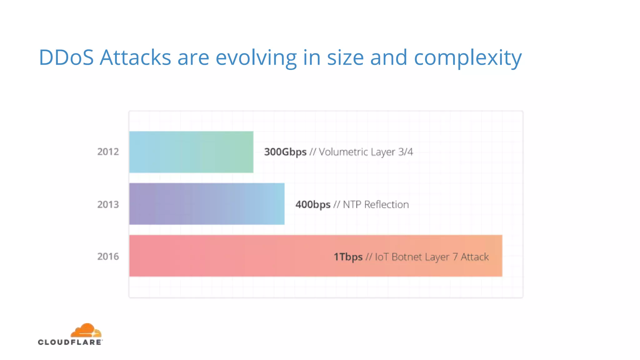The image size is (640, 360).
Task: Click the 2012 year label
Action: tap(108, 152)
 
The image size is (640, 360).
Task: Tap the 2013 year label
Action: tap(108, 204)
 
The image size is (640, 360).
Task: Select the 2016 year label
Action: tap(108, 257)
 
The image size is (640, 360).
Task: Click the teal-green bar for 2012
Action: tap(191, 152)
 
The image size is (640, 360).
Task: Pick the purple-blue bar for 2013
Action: tap(207, 204)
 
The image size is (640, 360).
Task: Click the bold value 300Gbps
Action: tap(285, 152)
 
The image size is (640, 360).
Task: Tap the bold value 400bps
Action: tap(312, 204)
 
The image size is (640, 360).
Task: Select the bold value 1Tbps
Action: tap(348, 257)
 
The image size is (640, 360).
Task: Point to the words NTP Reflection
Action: tap(376, 204)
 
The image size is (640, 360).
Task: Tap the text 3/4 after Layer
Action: tap(405, 152)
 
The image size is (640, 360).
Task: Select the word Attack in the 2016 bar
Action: tap(474, 257)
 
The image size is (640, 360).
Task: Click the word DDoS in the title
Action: tap(66, 57)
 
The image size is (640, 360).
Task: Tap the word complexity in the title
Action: tap(467, 58)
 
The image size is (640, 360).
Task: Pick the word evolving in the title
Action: tap(256, 58)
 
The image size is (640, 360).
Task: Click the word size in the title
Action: tap(345, 57)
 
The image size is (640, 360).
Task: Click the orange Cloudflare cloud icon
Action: tap(86, 330)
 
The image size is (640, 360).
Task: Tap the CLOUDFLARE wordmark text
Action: tap(70, 342)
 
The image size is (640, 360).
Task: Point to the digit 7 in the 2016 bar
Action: tap(455, 257)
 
